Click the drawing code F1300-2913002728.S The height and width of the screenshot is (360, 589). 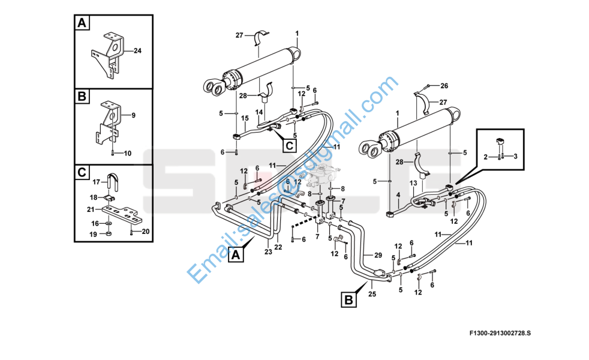pyautogui.click(x=500, y=333)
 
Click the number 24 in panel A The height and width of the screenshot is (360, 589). pyautogui.click(x=137, y=51)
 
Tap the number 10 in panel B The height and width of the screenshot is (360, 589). pyautogui.click(x=128, y=154)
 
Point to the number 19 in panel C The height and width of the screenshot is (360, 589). pyautogui.click(x=93, y=235)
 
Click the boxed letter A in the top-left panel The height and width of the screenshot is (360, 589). pyautogui.click(x=82, y=23)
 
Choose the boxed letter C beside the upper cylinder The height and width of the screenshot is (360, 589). pyautogui.click(x=289, y=145)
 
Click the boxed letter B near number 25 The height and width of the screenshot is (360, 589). pyautogui.click(x=348, y=300)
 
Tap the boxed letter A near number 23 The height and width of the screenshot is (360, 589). pyautogui.click(x=236, y=255)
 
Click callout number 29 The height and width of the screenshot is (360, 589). pyautogui.click(x=378, y=255)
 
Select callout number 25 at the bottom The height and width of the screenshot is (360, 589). pyautogui.click(x=372, y=294)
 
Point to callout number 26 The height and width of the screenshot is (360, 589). pyautogui.click(x=444, y=86)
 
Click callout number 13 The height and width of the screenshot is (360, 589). pyautogui.click(x=413, y=184)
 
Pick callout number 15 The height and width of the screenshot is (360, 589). pyautogui.click(x=245, y=118)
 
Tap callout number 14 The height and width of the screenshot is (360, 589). pyautogui.click(x=259, y=112)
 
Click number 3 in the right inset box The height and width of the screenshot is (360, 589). pyautogui.click(x=515, y=156)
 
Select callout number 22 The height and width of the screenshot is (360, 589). pyautogui.click(x=278, y=247)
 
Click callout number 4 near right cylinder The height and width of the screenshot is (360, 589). pyautogui.click(x=398, y=195)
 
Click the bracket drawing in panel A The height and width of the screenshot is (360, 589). pyautogui.click(x=109, y=55)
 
